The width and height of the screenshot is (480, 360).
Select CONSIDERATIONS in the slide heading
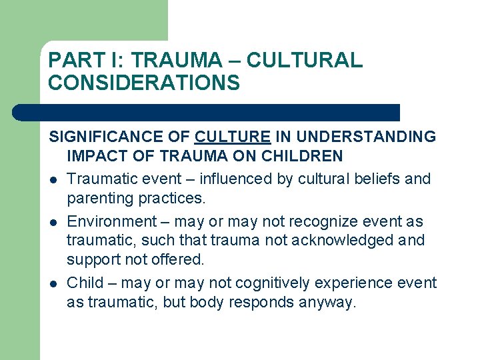[144, 83]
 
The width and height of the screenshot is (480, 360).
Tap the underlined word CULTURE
[232, 137]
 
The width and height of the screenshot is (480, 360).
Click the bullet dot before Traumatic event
[53, 180]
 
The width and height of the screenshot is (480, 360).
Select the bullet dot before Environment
[53, 222]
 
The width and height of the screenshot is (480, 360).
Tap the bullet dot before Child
[53, 283]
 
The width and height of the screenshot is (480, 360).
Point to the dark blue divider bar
[207, 112]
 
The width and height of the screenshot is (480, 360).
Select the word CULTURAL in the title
[305, 61]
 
